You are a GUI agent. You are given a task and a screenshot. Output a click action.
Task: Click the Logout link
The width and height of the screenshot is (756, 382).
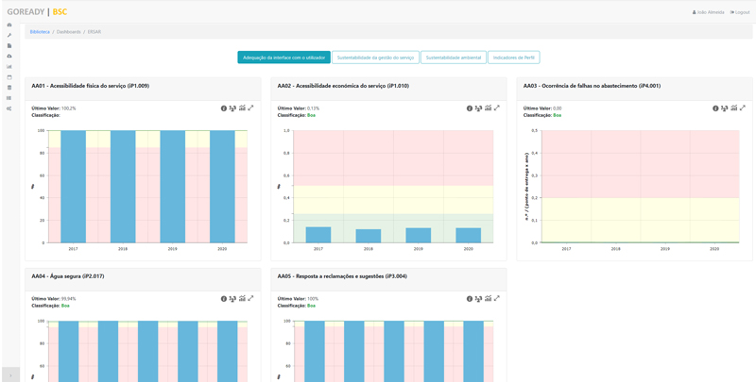coord(740,12)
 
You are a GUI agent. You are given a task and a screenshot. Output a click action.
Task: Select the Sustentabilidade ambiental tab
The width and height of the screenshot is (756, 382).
coord(454,58)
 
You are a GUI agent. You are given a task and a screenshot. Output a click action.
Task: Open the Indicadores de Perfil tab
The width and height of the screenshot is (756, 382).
coord(514,58)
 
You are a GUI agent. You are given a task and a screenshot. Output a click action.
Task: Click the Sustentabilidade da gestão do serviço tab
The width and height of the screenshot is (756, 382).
coord(375,58)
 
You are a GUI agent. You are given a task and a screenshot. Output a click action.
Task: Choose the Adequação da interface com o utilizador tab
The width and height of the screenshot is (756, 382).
coord(283,58)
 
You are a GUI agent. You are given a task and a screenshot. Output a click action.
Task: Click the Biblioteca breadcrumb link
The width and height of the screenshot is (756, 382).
coord(40,32)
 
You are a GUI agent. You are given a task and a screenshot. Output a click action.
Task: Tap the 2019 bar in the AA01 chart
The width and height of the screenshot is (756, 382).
coord(172,187)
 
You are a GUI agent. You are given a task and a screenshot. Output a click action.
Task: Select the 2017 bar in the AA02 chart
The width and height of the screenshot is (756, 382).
coord(318,235)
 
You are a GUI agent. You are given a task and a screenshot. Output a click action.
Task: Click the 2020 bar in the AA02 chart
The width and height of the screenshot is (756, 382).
coord(468,236)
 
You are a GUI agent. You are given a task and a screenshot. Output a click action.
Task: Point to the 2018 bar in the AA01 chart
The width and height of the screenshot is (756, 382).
coord(123,187)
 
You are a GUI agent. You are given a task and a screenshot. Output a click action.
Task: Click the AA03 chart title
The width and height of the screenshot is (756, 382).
coord(592,86)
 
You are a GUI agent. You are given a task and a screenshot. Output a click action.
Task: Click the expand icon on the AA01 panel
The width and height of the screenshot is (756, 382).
coord(251,108)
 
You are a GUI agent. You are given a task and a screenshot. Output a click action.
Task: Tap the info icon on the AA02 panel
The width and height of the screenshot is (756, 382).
coord(470,108)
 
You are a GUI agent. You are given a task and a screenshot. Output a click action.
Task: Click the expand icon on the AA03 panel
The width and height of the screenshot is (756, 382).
coord(743,108)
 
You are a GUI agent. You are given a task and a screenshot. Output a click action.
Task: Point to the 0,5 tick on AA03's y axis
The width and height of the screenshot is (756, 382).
coord(534,131)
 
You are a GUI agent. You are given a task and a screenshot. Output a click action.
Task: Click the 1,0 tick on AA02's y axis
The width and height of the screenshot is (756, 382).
coord(287,131)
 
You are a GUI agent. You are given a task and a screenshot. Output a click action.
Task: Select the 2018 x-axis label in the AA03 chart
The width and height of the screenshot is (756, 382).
coord(615,249)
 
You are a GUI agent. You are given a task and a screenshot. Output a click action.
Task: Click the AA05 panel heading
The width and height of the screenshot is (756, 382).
coord(342,276)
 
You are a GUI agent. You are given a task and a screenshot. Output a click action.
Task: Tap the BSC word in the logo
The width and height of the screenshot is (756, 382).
coord(60,12)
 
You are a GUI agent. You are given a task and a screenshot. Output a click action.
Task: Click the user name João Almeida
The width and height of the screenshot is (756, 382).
coord(710,12)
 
